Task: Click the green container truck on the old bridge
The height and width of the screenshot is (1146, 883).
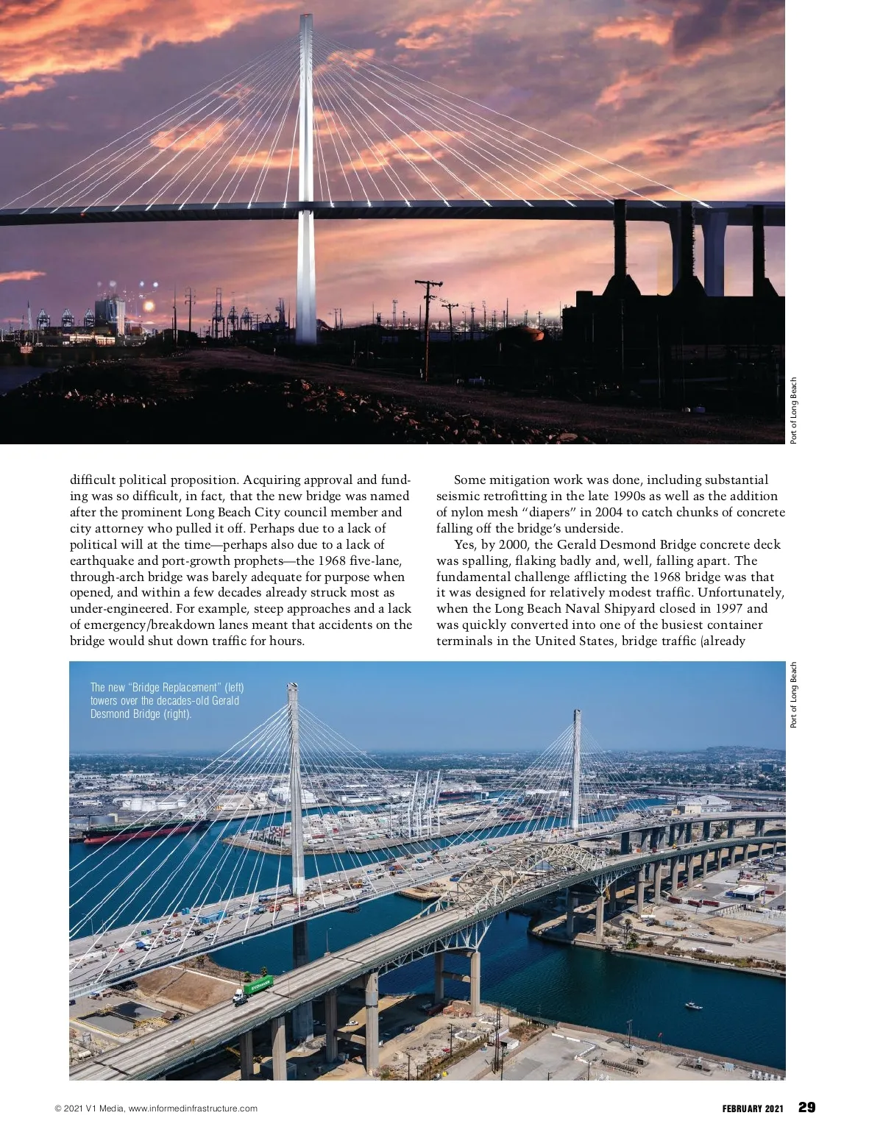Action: click(x=259, y=983)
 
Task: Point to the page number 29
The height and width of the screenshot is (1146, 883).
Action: click(x=806, y=1108)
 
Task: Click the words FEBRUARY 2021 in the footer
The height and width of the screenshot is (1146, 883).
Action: click(x=753, y=1108)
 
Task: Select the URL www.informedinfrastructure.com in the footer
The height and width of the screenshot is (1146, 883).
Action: click(x=193, y=1108)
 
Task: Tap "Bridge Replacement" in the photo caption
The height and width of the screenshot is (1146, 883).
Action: click(x=176, y=687)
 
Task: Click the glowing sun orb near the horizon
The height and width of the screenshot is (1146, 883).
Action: click(x=149, y=305)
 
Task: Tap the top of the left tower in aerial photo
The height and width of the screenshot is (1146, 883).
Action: click(x=293, y=688)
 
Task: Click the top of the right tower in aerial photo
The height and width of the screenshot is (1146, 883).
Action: click(x=576, y=713)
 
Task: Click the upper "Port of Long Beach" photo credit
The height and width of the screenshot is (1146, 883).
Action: click(x=794, y=410)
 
